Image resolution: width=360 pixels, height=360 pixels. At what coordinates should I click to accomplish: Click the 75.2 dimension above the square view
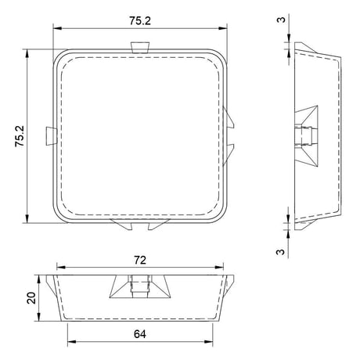tap(140, 21)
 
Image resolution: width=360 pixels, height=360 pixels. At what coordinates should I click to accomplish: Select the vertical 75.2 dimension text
tap(20, 136)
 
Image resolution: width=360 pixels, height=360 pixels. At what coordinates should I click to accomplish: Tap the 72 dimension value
tap(140, 260)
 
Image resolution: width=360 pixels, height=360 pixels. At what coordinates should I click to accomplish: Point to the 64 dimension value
tap(140, 334)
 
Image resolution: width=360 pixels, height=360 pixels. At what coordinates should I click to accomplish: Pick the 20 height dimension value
tap(31, 297)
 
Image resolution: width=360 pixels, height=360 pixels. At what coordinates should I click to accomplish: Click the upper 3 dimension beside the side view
tap(281, 20)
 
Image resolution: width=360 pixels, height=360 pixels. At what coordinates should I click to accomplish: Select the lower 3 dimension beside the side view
tap(280, 252)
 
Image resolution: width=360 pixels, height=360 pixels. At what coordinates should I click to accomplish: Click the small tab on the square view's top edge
tap(140, 47)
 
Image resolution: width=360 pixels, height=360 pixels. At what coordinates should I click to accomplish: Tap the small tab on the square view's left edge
tap(52, 136)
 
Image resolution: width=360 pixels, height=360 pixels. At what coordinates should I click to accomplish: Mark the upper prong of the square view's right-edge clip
tap(229, 118)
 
